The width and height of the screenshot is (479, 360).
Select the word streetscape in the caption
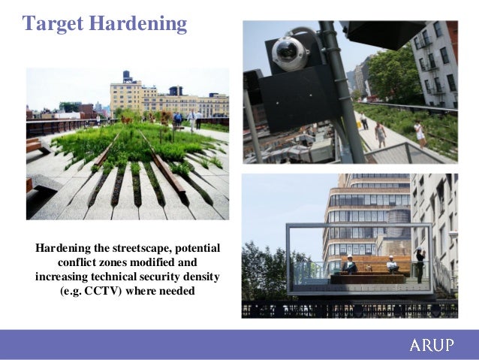pyautogui.click(x=139, y=248)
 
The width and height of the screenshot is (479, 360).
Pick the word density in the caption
pyautogui.click(x=200, y=276)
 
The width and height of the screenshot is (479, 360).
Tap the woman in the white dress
pyautogui.click(x=420, y=134)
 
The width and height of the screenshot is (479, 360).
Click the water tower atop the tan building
pyautogui.click(x=126, y=76)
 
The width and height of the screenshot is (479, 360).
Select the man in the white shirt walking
pyautogui.click(x=191, y=119)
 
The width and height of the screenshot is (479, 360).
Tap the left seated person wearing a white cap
pyautogui.click(x=349, y=264)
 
